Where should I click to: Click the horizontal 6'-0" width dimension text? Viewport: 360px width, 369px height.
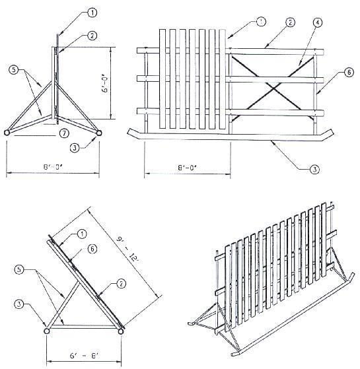[x=52, y=168]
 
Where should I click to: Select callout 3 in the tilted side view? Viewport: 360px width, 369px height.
[x=19, y=305]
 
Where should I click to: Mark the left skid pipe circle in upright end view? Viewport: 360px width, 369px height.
[x=8, y=133]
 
